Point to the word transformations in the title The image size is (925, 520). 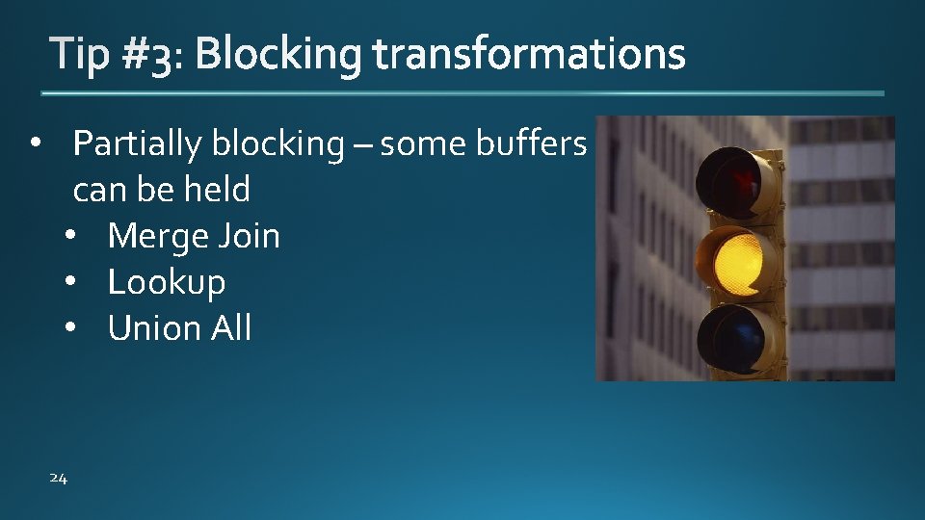coord(529,56)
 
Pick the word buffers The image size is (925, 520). coord(531,144)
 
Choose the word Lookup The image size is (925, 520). coord(167,282)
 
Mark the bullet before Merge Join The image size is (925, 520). coord(72,237)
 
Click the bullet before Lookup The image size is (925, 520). coord(72,283)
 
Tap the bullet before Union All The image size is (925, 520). coord(72,329)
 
